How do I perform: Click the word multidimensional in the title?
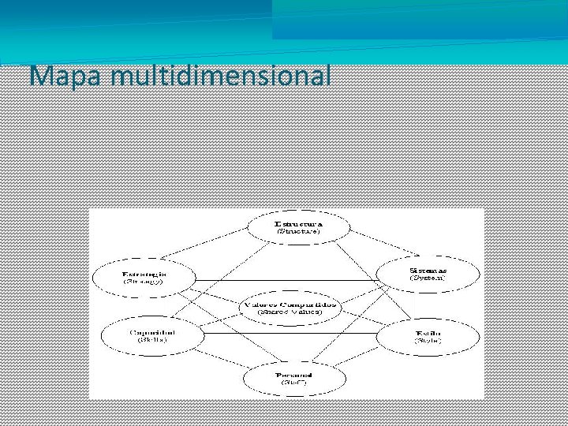coord(222,76)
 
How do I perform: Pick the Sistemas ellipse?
coord(428,273)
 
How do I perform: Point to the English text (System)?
coord(428,278)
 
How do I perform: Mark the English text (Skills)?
coord(151,342)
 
